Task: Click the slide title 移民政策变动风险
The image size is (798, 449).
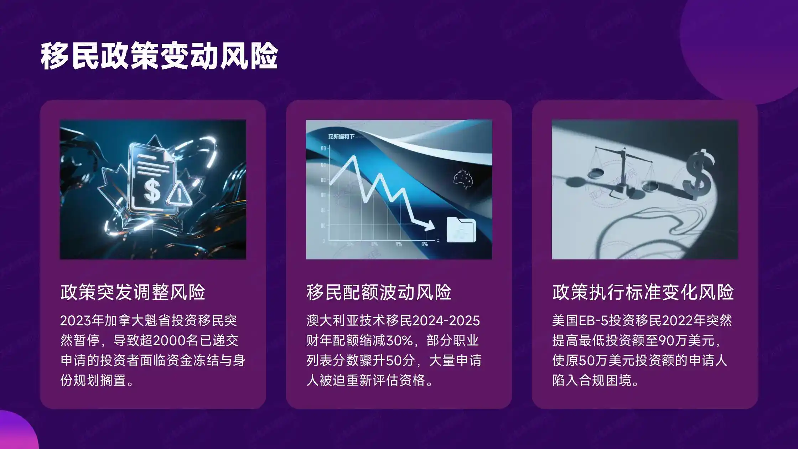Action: (x=159, y=56)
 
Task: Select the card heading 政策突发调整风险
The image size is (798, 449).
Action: (x=133, y=292)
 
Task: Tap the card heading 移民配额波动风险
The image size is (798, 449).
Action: (x=379, y=292)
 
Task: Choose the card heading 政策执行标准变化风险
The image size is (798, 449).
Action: (x=643, y=292)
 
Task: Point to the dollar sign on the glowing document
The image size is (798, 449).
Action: (x=152, y=191)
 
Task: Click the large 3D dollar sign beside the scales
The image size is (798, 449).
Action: (x=698, y=175)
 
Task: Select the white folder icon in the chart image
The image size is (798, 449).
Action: (x=461, y=230)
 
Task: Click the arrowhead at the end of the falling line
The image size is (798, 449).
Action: (x=429, y=226)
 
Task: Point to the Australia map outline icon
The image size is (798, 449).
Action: (x=463, y=178)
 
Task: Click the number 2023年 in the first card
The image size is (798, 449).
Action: (x=82, y=321)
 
